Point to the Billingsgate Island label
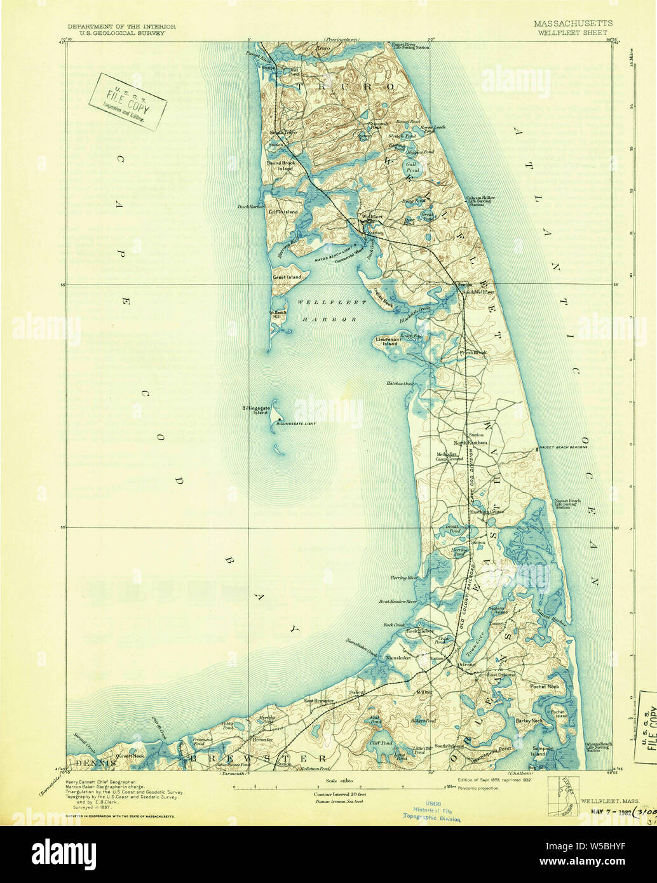256,410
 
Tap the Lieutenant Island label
391,343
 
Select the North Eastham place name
470,442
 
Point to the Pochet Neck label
543,687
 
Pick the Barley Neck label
529,720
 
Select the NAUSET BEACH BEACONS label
563,447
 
